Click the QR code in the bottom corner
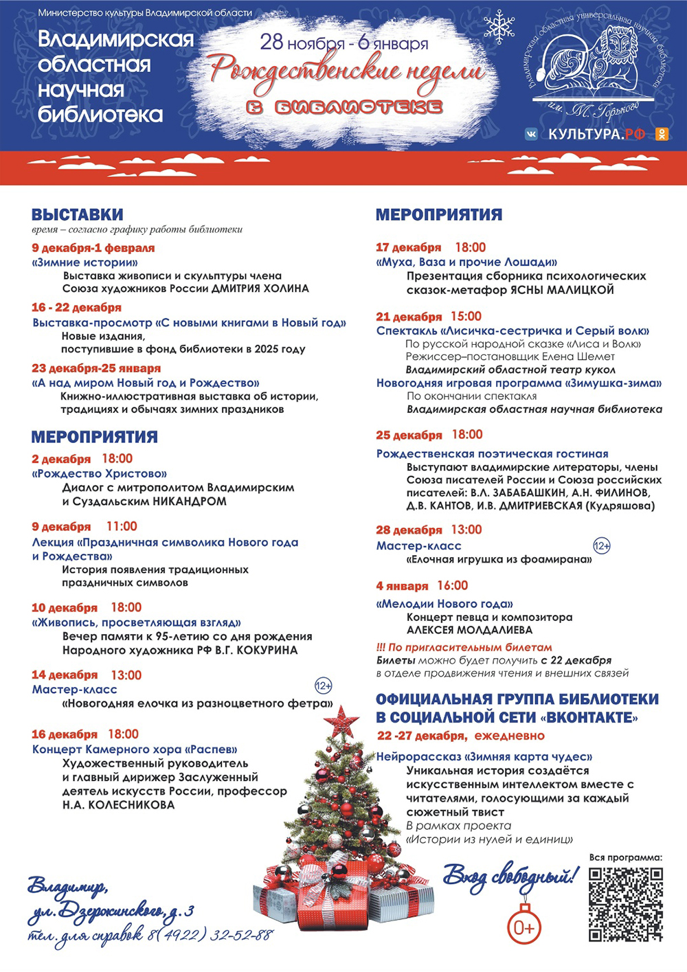point(626,903)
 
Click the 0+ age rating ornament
point(523,927)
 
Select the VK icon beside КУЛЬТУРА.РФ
point(531,135)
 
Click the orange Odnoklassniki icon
point(662,135)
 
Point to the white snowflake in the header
point(499,27)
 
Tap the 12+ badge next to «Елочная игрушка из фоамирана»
point(602,546)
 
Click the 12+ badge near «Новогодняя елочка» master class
point(323,686)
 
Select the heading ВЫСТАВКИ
point(77,214)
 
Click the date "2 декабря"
point(61,459)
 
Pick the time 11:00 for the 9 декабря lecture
point(122,527)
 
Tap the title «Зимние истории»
point(85,262)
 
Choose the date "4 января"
point(402,586)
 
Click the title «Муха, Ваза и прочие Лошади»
point(466,262)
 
